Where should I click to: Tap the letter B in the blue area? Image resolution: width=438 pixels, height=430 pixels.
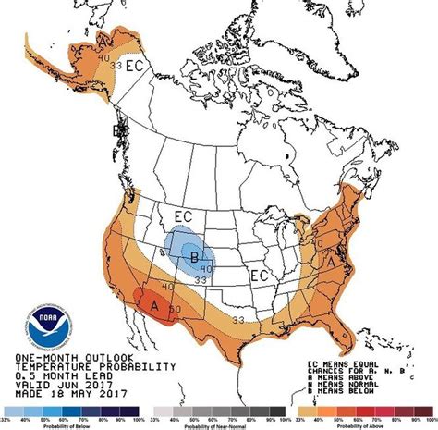[x=194, y=257]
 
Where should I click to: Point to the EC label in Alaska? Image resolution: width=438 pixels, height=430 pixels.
[x=135, y=66]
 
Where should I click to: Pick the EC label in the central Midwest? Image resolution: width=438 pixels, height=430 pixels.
[x=261, y=276]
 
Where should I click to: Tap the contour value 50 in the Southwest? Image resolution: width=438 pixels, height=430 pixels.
[x=176, y=309]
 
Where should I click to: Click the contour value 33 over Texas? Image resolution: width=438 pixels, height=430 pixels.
[x=237, y=320]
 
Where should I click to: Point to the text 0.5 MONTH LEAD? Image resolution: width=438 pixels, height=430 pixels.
[x=65, y=375]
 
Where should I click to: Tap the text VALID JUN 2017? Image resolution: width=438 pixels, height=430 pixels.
[x=65, y=384]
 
